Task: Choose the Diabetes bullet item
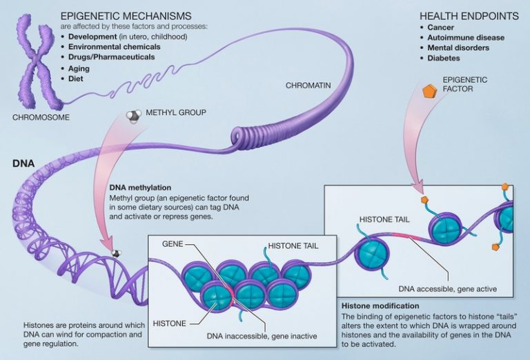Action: [443, 59]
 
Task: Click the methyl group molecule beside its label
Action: [135, 117]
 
